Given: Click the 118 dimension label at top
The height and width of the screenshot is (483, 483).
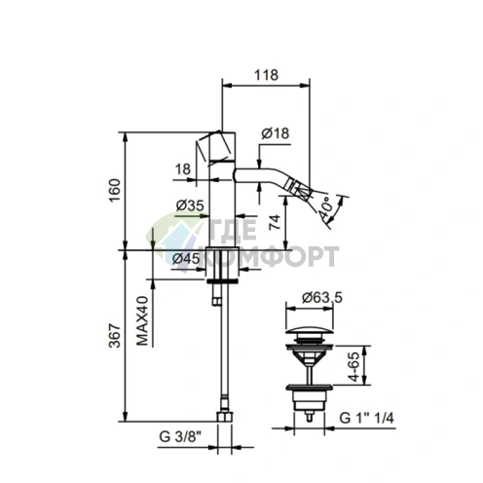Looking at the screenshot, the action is [266, 75].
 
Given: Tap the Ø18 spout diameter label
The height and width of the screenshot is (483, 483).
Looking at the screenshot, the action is [276, 133].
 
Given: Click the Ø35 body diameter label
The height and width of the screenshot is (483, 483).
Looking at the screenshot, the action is [190, 205].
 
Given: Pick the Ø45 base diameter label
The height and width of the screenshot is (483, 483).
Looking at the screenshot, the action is [186, 259].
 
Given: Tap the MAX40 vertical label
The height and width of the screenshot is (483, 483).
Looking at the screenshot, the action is [142, 320].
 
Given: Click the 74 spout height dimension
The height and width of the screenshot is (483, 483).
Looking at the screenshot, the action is [275, 222].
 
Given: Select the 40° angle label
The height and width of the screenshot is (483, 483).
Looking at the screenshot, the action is [325, 207].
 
